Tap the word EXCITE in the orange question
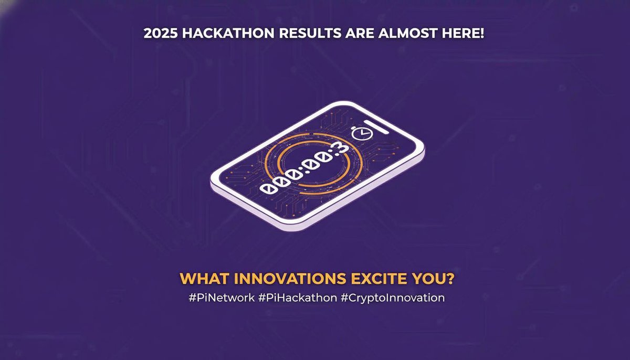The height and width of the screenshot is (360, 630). [371, 279]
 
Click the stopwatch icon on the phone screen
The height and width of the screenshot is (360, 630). [360, 133]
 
